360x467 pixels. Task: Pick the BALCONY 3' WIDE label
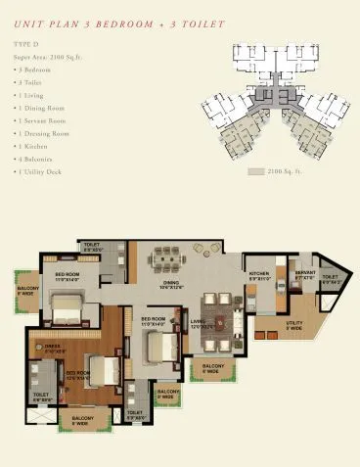(166, 397)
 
